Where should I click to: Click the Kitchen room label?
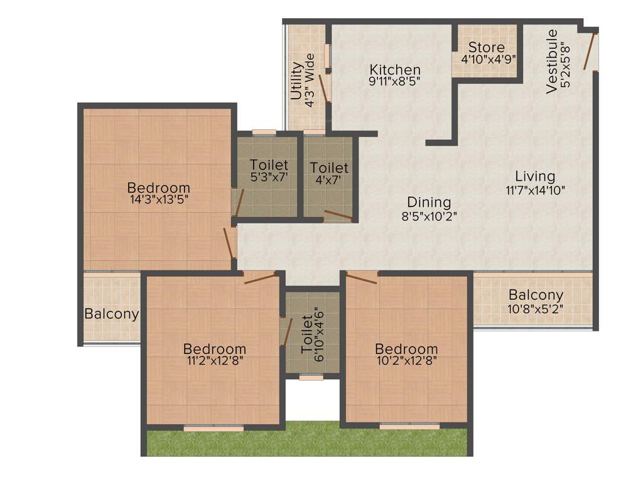pos(394,69)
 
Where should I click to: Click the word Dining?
pos(429,202)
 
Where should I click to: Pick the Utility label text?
pos(296,80)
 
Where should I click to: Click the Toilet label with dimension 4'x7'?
pos(329,168)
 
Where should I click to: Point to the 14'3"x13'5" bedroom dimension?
pos(158,200)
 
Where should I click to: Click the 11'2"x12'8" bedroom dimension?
pos(214,361)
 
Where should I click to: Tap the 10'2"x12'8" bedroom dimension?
pos(406,361)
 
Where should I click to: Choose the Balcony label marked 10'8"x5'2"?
pos(536,295)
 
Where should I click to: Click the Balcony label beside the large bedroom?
pos(112,313)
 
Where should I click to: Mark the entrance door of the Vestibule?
pos(588,50)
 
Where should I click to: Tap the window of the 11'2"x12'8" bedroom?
pos(213,428)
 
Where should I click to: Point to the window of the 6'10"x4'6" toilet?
pos(311,377)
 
